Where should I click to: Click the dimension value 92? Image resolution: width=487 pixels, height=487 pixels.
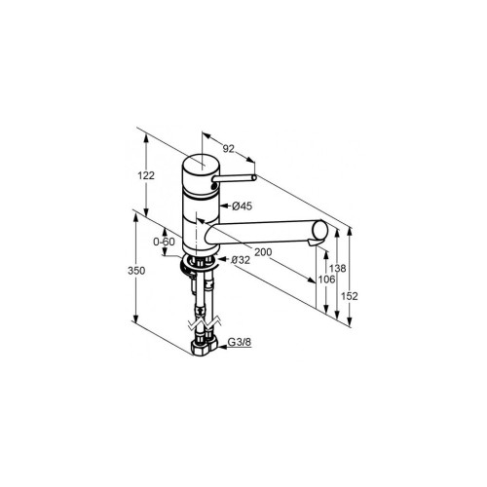pos(230,149)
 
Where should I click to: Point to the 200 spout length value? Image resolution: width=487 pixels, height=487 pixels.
pos(262,251)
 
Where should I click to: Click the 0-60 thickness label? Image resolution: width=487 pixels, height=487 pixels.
pos(164,241)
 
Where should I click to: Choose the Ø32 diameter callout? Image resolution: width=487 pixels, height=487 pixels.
pos(241,260)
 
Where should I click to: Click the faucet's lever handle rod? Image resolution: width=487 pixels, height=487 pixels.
pos(236,178)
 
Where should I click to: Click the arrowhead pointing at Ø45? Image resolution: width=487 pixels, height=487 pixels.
pos(225,206)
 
